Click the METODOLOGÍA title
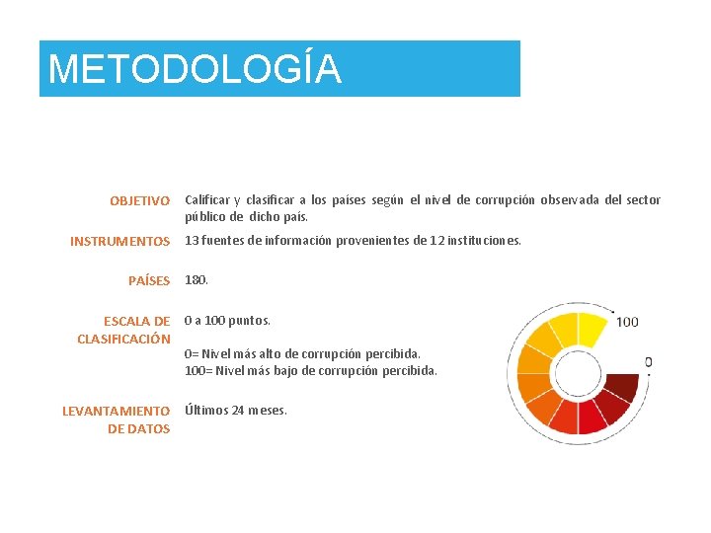195,69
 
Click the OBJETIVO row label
139,201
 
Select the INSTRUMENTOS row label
119,241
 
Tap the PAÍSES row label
149,281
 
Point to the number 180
196,280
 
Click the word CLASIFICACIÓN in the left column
123,340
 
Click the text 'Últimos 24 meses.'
236,411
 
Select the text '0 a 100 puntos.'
227,320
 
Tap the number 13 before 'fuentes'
193,240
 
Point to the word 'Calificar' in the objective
209,199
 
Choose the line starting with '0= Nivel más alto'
302,352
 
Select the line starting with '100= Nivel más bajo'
310,371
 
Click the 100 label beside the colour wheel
627,322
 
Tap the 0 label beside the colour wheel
648,362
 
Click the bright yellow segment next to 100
592,327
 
